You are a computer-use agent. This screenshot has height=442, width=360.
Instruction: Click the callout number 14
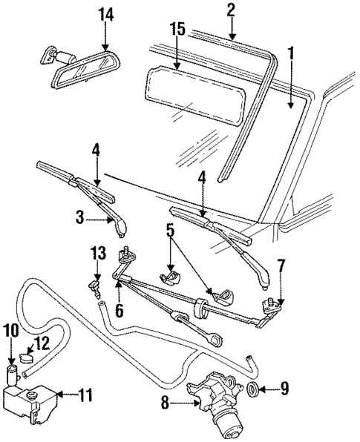click(x=105, y=14)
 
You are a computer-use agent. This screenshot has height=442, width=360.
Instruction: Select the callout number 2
click(x=231, y=10)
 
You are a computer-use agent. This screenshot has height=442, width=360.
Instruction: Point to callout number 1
click(x=291, y=53)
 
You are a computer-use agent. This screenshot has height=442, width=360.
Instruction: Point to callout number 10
click(x=11, y=330)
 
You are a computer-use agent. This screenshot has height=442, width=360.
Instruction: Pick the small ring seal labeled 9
click(x=252, y=389)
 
